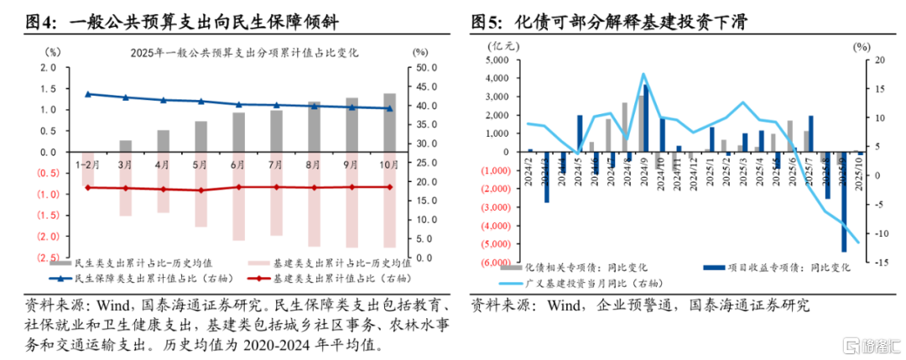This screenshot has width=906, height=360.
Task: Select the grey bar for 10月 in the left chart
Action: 389,123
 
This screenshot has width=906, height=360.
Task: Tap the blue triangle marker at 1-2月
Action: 88,94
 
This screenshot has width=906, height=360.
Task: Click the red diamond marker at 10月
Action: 389,187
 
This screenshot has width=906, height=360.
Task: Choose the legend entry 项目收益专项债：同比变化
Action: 776,268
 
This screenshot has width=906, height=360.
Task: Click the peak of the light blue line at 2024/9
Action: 643,74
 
